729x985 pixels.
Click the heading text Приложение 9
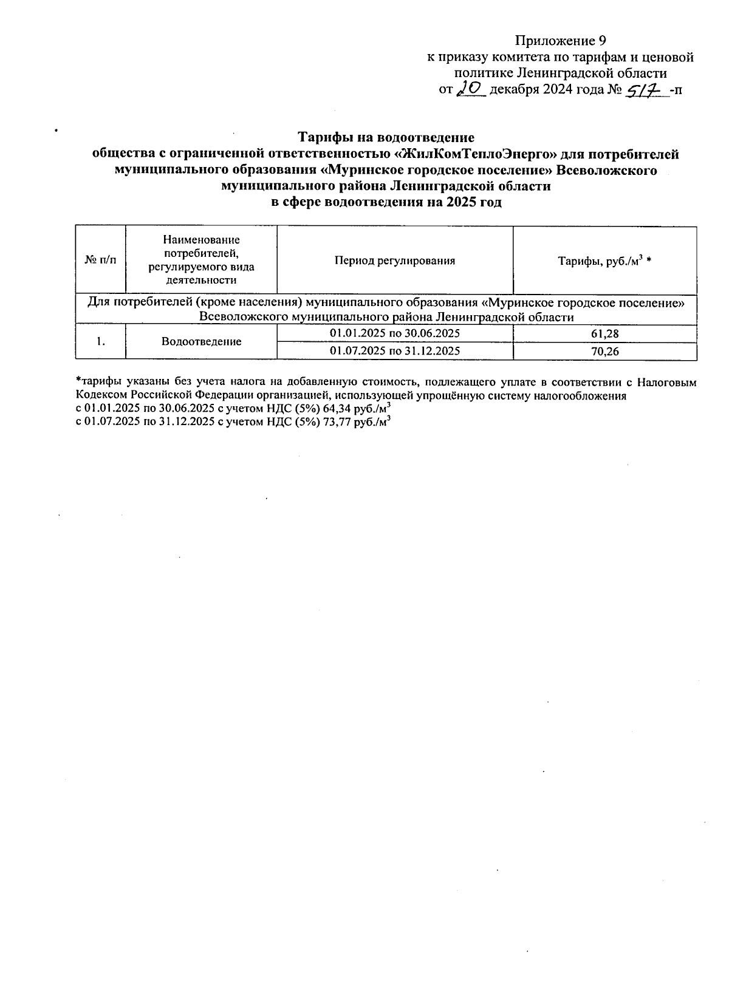point(560,41)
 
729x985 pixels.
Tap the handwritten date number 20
point(470,89)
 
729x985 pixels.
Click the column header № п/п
point(100,261)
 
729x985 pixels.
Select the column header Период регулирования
point(394,261)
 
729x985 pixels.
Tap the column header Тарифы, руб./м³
point(604,261)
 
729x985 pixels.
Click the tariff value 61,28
point(604,334)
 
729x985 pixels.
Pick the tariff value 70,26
point(604,351)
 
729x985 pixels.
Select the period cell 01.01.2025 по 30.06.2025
point(394,333)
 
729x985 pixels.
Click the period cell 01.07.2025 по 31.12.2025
point(394,350)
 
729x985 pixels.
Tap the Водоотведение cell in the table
point(201,342)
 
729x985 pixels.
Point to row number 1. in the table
point(100,342)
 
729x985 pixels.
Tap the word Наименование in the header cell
point(201,240)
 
